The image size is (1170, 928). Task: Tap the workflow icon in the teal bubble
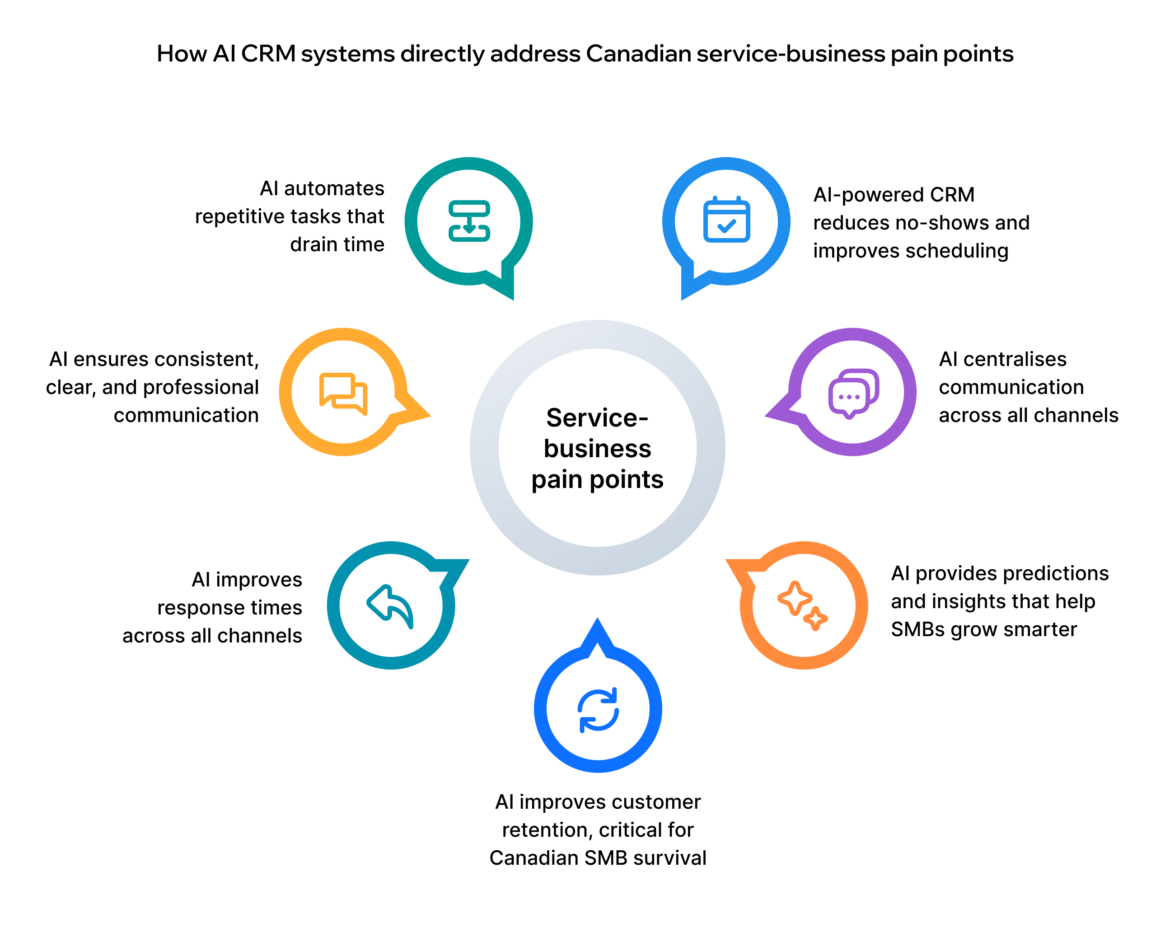click(x=469, y=221)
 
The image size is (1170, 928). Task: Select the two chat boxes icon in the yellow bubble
click(x=343, y=394)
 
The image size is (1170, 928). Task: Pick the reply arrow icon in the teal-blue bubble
click(x=390, y=606)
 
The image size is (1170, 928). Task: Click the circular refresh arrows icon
click(x=598, y=710)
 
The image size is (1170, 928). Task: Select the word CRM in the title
click(x=268, y=54)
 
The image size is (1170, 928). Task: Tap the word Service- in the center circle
click(x=597, y=418)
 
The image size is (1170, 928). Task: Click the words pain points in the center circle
click(x=597, y=480)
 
